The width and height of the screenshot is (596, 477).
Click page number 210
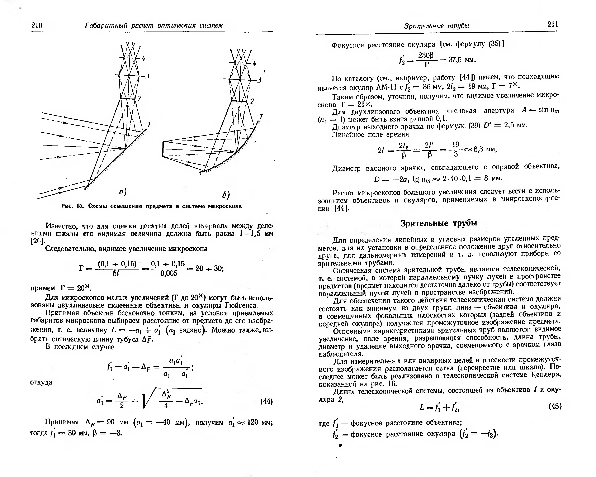point(37,25)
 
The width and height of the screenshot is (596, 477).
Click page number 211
point(552,24)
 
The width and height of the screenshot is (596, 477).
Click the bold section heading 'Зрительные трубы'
point(439,223)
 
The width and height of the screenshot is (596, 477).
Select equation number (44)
point(266,401)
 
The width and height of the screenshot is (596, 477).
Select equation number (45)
point(555,406)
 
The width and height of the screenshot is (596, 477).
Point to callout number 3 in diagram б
point(259,80)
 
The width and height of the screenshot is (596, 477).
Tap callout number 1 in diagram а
point(149,124)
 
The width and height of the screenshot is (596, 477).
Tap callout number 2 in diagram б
point(252,101)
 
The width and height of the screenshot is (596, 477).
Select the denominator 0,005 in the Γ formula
point(169,273)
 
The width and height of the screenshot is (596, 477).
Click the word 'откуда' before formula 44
point(41,382)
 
